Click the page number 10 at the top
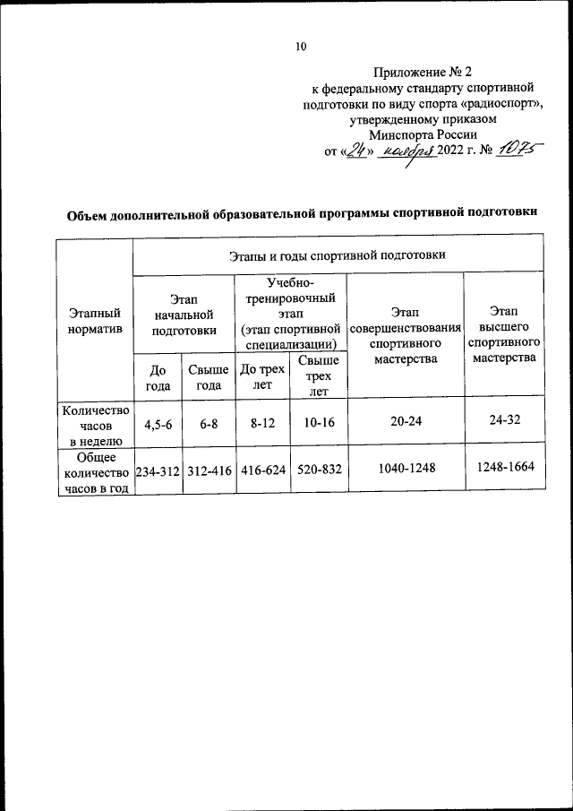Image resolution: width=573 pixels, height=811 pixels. (x=301, y=47)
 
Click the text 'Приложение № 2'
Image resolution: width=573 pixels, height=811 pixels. (x=420, y=72)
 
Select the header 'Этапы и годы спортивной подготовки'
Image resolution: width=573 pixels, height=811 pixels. (x=338, y=255)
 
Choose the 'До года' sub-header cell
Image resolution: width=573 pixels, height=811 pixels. (x=158, y=376)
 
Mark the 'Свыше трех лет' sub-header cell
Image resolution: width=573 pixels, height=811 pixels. (x=318, y=376)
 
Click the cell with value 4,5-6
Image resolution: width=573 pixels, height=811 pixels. (x=158, y=423)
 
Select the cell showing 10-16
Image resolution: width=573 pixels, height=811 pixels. (x=318, y=423)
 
